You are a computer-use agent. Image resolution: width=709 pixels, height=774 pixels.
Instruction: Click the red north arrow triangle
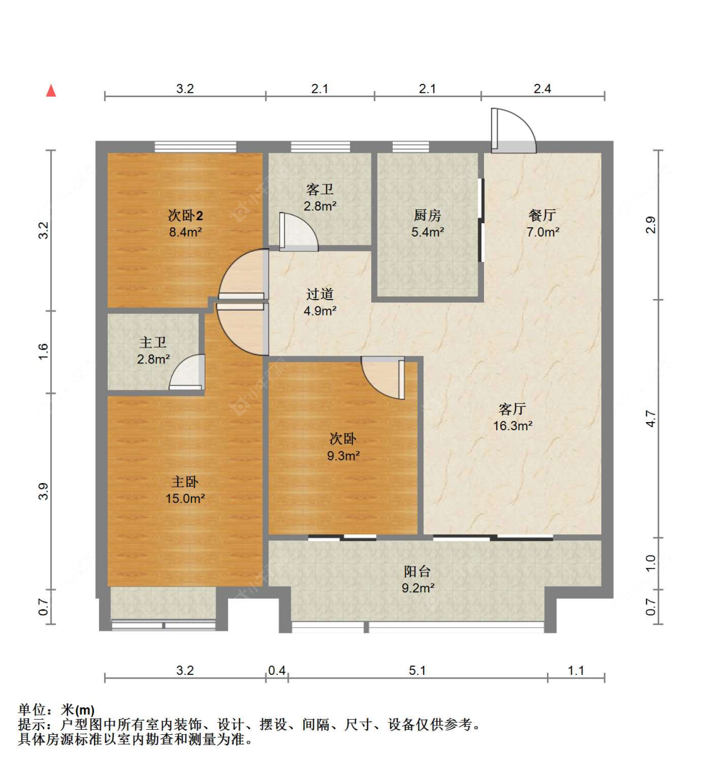(x=51, y=91)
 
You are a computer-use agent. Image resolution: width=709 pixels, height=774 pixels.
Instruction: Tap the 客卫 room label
(x=320, y=189)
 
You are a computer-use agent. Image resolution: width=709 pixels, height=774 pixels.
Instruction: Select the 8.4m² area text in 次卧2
(x=185, y=232)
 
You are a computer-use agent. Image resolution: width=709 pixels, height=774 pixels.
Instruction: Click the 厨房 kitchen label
(x=427, y=215)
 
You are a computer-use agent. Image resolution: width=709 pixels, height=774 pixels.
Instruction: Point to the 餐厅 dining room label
(x=543, y=215)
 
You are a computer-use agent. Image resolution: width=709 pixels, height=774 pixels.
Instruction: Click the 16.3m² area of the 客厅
(x=513, y=426)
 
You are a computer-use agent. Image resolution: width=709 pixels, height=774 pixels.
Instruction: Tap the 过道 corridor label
(x=320, y=295)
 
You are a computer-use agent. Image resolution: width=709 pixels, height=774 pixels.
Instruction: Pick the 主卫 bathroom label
(x=153, y=343)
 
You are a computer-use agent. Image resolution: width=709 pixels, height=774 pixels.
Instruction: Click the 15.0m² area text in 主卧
(x=185, y=498)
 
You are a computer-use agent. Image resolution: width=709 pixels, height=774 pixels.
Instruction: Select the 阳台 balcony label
(x=417, y=572)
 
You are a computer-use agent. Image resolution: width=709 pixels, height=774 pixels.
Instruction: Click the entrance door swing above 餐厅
(x=514, y=131)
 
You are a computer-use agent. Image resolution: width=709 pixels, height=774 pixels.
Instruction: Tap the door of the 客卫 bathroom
(x=298, y=232)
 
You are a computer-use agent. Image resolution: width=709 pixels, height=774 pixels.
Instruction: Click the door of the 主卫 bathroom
(x=187, y=372)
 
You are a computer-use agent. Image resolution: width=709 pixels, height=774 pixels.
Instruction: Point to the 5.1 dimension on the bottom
(x=417, y=671)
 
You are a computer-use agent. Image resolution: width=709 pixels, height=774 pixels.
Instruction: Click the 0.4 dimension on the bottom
(x=277, y=671)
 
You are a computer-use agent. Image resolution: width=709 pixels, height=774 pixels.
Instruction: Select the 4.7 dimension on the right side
(x=651, y=419)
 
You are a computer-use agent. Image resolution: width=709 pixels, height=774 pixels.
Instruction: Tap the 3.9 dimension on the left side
(x=43, y=491)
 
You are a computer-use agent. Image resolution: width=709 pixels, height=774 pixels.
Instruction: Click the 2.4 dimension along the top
(x=543, y=89)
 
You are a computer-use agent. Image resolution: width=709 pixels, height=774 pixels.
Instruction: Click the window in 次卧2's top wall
(x=195, y=146)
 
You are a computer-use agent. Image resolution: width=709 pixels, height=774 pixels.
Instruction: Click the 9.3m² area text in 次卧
(x=343, y=456)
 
